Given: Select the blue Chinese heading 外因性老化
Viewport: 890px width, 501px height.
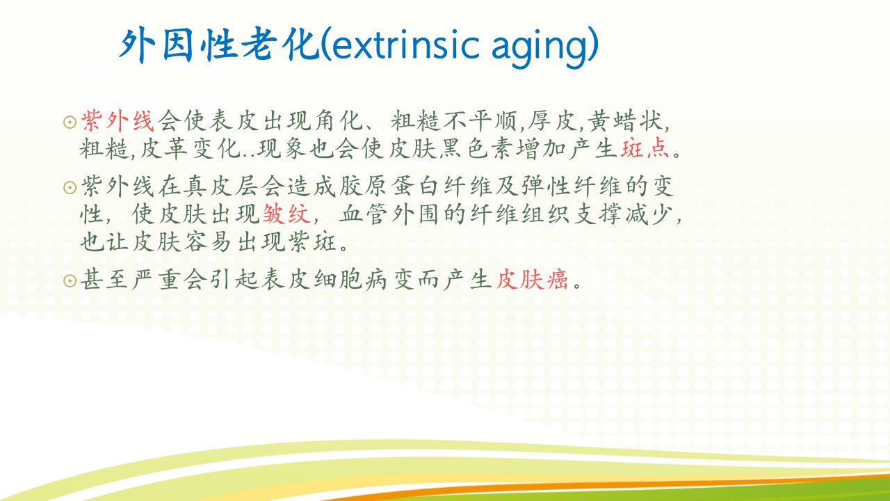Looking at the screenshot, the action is tap(219, 45).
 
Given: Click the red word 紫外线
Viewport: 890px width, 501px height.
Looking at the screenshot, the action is tap(118, 120).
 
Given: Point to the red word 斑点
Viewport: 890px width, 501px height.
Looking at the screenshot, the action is tap(645, 148).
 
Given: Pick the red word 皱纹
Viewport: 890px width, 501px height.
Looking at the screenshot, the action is tap(286, 214).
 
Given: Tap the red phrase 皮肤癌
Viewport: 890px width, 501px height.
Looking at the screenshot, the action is tap(533, 279).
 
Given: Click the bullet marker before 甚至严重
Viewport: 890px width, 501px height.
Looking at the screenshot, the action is tap(70, 280).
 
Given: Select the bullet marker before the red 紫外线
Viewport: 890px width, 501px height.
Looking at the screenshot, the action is tap(70, 122).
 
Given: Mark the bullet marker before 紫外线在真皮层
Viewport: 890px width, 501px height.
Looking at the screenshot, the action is tap(70, 187).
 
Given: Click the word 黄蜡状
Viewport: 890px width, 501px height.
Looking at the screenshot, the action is tap(625, 120).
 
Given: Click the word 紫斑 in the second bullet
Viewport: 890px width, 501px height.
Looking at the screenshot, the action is tap(313, 241).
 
